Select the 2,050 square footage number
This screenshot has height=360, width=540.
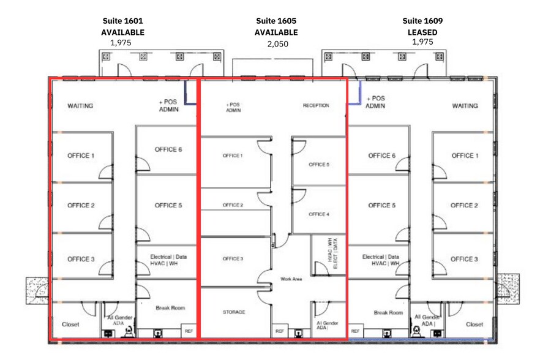coord(277,43)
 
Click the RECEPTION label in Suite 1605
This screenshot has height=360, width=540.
coord(316,106)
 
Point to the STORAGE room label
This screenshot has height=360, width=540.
coord(233,312)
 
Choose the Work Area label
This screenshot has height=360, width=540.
coord(291,279)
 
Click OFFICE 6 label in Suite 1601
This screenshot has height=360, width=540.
coord(168,149)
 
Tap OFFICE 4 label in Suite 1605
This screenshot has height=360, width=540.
coord(318,214)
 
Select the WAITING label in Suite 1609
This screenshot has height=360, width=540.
coord(465,106)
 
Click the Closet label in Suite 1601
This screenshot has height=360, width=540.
coord(70,324)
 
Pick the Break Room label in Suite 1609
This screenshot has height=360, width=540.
coord(388,313)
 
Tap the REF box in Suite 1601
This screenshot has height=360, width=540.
coord(189,331)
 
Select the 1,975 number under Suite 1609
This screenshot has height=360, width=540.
coord(422,42)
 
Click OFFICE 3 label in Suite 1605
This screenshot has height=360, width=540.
coord(233,259)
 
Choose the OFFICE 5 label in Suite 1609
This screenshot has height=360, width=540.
coord(381,205)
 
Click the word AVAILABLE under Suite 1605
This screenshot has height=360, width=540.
coord(277,32)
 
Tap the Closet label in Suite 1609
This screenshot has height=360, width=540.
coord(474,324)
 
